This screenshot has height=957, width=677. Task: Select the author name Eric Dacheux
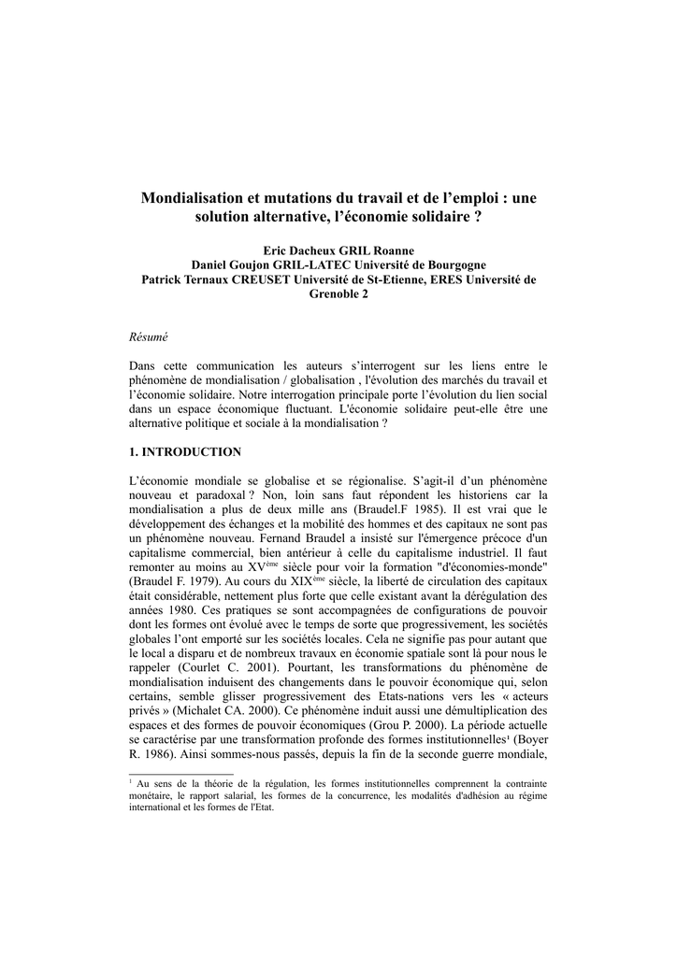303,251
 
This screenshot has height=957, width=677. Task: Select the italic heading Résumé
147,336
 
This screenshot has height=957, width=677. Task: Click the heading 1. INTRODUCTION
184,452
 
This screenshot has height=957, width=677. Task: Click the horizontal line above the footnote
180,774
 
